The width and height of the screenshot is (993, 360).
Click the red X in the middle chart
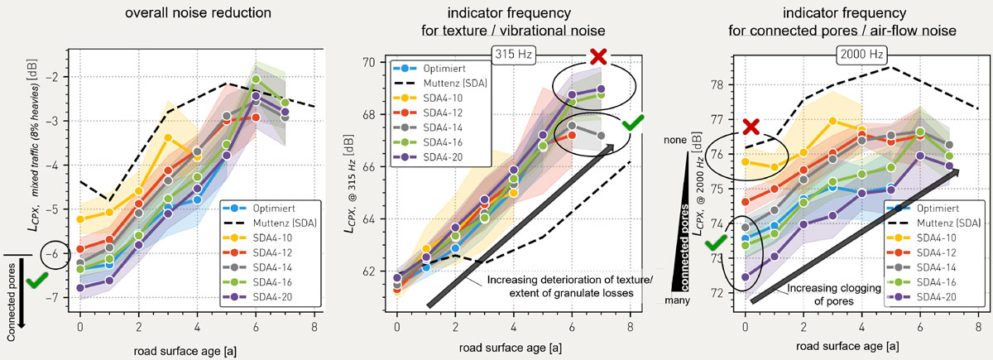598,56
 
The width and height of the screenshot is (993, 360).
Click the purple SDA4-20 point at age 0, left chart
80,288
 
